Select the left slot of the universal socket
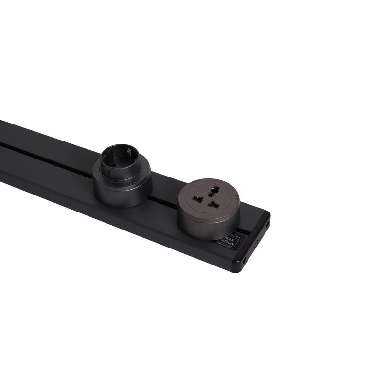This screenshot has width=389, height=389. click(197, 198)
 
